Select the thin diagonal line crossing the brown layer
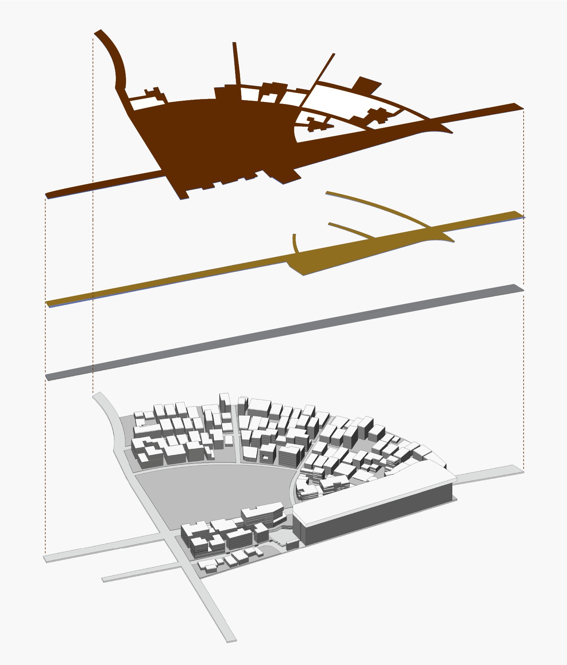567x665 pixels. point(322,70)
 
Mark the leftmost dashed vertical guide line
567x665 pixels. point(46,457)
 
